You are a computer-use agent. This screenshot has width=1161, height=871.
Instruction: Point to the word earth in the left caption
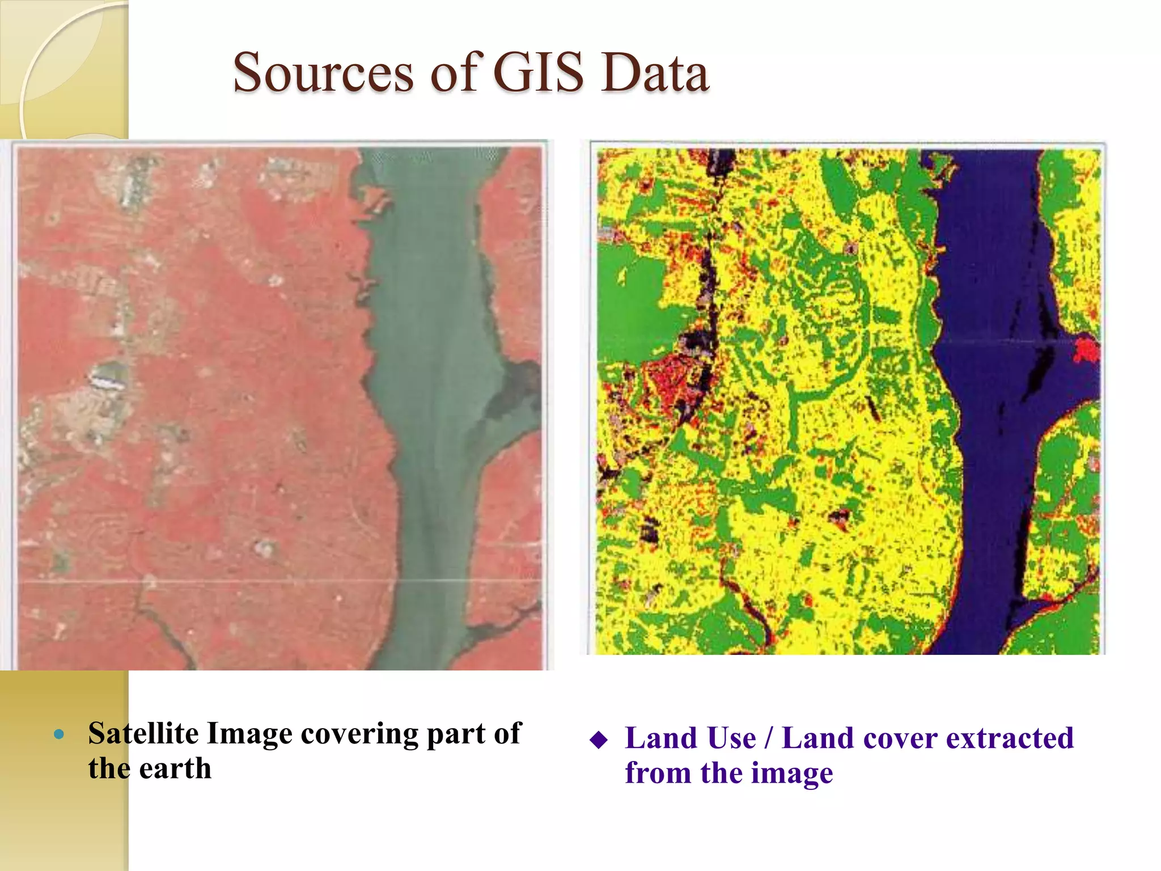pos(175,769)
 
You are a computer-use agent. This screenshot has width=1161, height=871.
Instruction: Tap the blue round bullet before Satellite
pos(59,735)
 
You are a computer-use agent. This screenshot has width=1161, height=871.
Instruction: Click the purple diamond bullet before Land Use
pos(599,740)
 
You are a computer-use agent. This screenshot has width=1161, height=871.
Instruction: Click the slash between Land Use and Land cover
pos(769,738)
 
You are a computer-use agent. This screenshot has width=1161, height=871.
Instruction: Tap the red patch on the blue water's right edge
pos(1087,349)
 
